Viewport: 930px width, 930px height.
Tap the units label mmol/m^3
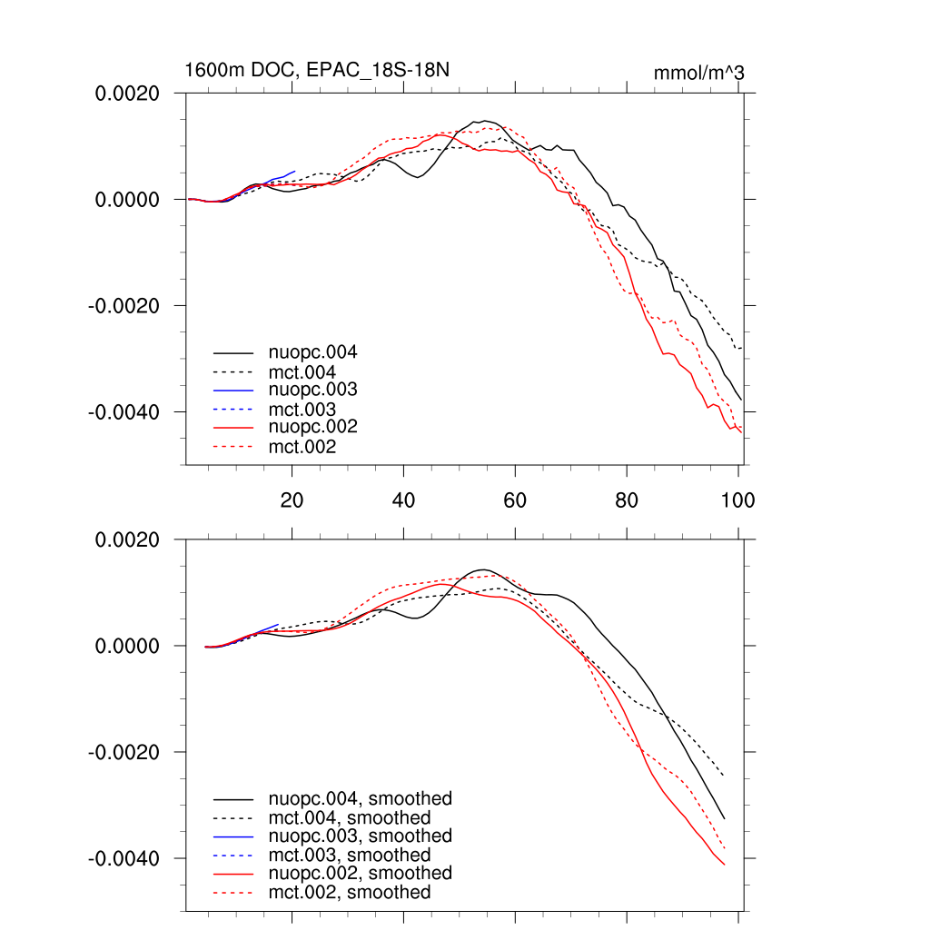coord(698,73)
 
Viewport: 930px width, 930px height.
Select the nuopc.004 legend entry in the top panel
coord(308,352)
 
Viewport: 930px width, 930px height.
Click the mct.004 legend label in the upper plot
coord(302,371)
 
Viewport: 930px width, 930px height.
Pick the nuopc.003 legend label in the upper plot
coord(308,390)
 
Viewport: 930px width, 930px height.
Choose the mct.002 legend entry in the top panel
coord(302,446)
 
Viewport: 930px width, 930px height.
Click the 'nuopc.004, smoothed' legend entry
coord(360,799)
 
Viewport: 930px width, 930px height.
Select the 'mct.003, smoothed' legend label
coord(350,855)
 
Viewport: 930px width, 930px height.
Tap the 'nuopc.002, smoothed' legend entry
coord(360,873)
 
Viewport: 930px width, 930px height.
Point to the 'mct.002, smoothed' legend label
coord(350,892)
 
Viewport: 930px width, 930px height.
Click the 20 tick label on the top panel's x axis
coord(292,499)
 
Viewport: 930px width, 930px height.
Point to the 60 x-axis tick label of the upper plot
coord(515,499)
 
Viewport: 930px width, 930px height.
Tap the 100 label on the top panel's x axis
coord(737,499)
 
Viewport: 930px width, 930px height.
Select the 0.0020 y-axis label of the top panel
coord(128,94)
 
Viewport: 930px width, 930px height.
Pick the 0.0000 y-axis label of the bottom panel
coord(128,647)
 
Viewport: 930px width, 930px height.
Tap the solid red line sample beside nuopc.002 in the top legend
coord(233,427)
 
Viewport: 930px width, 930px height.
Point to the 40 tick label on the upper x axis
coord(403,499)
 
